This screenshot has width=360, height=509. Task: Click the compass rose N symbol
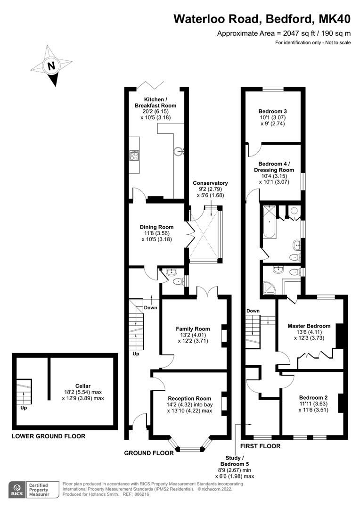[51, 66]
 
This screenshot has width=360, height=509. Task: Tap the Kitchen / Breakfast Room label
[155, 102]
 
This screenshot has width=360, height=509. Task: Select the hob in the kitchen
[134, 155]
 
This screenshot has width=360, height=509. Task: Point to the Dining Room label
[156, 227]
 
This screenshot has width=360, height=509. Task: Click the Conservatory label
[210, 183]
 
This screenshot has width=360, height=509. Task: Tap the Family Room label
[193, 328]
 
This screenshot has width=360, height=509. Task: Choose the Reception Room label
[189, 398]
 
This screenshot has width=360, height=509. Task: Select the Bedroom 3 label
[273, 111]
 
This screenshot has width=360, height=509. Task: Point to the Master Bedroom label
[309, 326]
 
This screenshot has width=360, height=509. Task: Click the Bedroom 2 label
[313, 397]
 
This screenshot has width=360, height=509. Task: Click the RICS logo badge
[18, 489]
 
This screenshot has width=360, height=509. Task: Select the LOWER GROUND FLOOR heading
[49, 436]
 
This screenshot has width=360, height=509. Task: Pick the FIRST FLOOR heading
[260, 446]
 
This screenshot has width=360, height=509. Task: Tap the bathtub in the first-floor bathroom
[269, 224]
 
